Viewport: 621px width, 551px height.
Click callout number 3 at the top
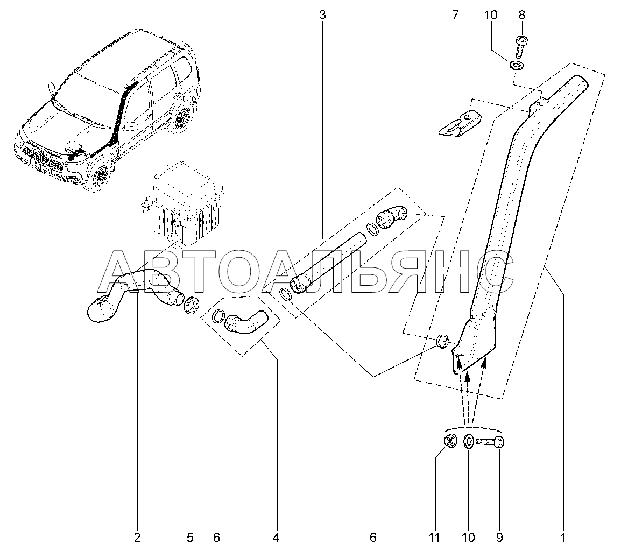pos(322,16)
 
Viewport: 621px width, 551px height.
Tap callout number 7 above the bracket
pos(455,16)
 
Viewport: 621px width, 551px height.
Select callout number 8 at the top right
pos(521,16)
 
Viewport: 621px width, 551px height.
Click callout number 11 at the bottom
pos(434,538)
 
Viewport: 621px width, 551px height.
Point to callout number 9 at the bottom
pos(499,538)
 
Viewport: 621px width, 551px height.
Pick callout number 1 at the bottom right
pos(563,538)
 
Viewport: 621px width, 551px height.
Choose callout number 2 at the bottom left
pos(137,538)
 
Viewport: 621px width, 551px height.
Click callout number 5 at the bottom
pos(190,538)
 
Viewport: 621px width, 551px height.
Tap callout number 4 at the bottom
pos(276,538)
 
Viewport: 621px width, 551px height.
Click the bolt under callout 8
pos(521,46)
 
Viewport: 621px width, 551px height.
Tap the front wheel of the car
pos(98,176)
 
